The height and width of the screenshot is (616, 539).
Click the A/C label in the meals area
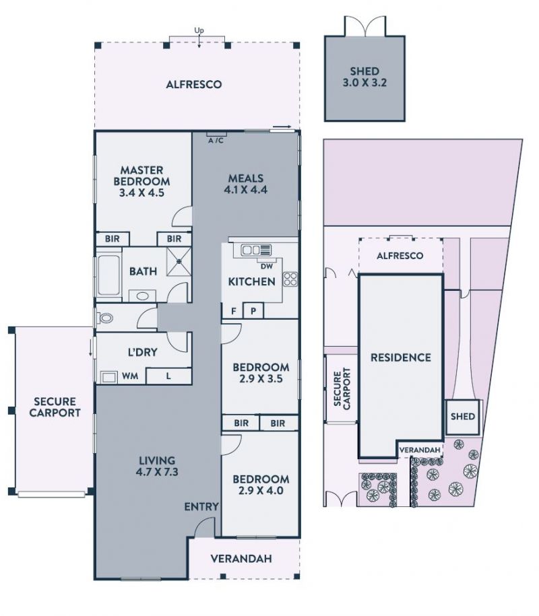click(x=216, y=141)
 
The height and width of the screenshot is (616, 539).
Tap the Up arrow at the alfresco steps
click(x=199, y=41)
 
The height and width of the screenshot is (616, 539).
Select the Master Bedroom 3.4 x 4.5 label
click(x=142, y=182)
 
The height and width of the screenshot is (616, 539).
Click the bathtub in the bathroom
click(x=108, y=275)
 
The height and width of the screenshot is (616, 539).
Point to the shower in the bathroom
click(x=179, y=261)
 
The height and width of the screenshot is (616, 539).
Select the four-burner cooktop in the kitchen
click(x=290, y=279)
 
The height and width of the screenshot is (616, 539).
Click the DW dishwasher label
click(x=267, y=267)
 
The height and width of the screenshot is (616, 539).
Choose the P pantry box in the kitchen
click(x=253, y=311)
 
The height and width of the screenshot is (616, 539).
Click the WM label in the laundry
click(x=130, y=376)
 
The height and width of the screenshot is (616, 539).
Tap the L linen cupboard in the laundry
click(x=168, y=376)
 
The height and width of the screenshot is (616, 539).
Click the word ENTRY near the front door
click(x=201, y=507)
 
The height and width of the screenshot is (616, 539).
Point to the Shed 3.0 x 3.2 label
click(x=364, y=77)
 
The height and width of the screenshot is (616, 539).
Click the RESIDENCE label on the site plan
click(x=401, y=357)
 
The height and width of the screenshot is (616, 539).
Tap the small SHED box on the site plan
click(x=463, y=417)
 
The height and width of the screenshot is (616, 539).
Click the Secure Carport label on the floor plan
click(x=55, y=407)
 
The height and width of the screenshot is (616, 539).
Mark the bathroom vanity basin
click(x=142, y=296)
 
